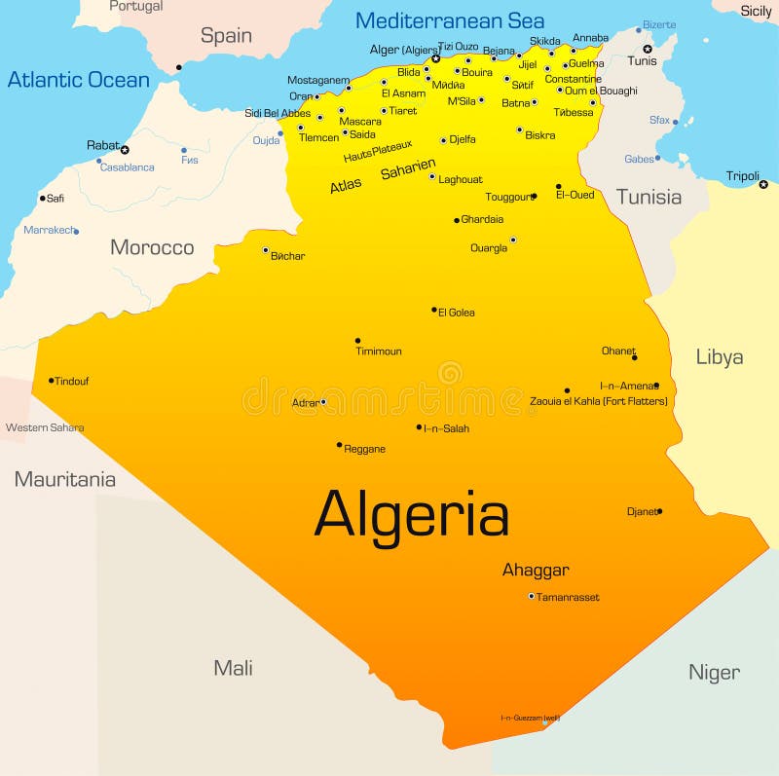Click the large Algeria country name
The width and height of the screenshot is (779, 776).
(411, 514)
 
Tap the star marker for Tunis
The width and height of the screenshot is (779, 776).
(647, 49)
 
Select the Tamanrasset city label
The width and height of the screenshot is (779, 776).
(568, 597)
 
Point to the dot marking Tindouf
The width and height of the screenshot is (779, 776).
(51, 381)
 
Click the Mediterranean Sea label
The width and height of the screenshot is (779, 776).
(450, 20)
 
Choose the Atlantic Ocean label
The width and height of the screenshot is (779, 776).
(79, 80)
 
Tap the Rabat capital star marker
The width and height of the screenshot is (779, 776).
(125, 150)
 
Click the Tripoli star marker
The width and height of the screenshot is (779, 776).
(763, 184)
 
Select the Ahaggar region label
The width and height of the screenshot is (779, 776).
(536, 571)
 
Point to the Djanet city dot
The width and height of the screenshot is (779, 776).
(659, 511)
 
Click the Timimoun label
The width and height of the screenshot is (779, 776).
(379, 351)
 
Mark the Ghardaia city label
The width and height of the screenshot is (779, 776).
(482, 219)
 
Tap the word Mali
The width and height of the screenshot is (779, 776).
(234, 668)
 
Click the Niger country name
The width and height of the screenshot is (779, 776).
(714, 672)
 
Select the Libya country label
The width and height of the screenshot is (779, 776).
(720, 357)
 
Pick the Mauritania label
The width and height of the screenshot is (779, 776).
(64, 479)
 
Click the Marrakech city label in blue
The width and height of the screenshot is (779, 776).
(48, 231)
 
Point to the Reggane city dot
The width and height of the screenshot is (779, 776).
(339, 445)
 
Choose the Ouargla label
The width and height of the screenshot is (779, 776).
(489, 248)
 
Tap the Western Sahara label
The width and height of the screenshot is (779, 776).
(45, 427)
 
